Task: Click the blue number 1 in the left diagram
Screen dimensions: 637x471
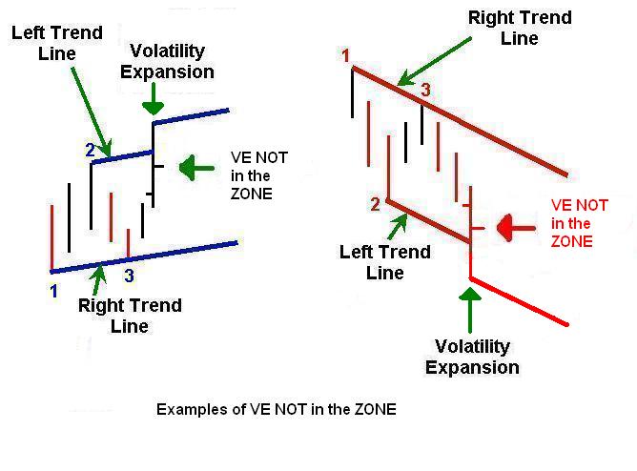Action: tap(53, 291)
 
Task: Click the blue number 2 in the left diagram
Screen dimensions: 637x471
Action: tap(91, 151)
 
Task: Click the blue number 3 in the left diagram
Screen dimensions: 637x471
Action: tap(129, 276)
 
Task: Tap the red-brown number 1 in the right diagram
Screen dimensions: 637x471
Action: tap(346, 55)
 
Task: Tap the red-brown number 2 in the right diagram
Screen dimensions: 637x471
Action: tap(375, 204)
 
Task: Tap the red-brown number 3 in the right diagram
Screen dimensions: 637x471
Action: tap(425, 90)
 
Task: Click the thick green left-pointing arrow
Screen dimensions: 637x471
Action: tap(196, 168)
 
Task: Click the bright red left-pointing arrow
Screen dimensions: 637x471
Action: tap(516, 228)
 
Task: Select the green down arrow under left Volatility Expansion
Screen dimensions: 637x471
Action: tap(154, 98)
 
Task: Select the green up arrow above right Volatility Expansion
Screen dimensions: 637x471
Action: tap(470, 310)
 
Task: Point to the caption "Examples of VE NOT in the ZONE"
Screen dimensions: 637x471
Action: tap(277, 409)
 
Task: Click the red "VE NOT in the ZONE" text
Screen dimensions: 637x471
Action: tap(580, 223)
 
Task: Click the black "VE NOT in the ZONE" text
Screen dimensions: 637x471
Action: tap(259, 175)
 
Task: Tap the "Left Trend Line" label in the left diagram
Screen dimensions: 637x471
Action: tap(57, 43)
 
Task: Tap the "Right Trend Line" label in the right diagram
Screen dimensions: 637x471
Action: tap(520, 28)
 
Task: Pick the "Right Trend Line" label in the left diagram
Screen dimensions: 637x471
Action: tap(130, 316)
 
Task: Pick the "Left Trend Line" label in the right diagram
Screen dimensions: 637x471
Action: tap(385, 262)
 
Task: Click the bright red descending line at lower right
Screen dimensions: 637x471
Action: tap(519, 301)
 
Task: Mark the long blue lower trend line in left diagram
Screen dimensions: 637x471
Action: tap(144, 257)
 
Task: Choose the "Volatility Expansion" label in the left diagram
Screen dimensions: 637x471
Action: tap(168, 61)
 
